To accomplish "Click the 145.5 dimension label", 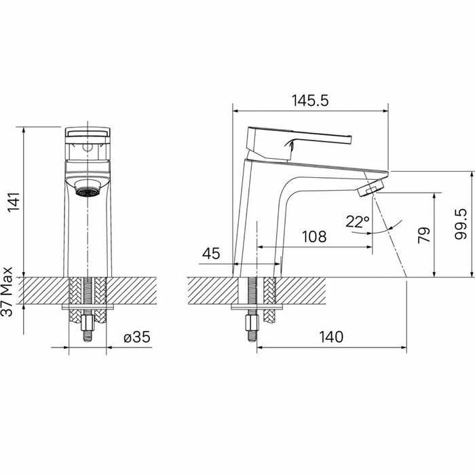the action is tap(310, 100).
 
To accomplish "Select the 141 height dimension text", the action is tap(14, 202).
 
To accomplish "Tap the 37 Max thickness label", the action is tap(7, 292).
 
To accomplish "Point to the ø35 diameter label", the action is tap(137, 337).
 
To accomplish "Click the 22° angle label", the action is tap(358, 222).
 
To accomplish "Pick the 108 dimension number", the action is tap(314, 237).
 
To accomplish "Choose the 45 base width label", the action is tap(211, 254).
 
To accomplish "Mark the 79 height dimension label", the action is tap(424, 235).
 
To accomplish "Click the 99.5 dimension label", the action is tap(461, 224).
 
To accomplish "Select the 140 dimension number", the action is tap(331, 337).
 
